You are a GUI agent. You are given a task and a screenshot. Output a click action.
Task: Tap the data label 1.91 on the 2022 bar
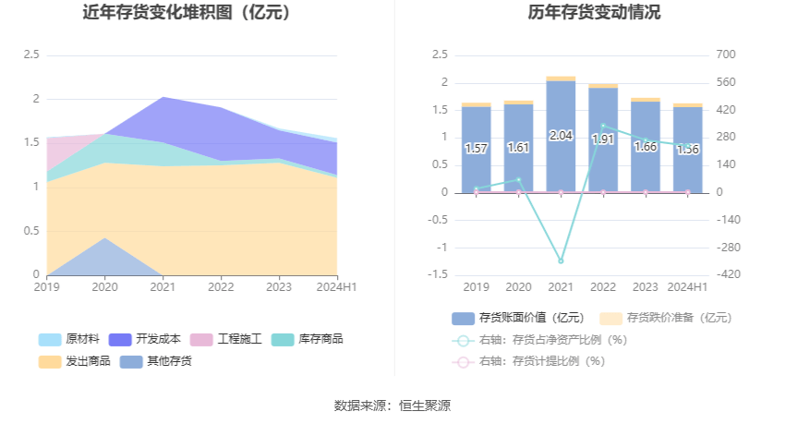(603, 139)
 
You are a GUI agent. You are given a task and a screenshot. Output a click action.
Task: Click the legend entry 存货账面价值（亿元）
(518, 318)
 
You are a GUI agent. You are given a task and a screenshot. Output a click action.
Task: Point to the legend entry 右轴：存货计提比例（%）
(540, 361)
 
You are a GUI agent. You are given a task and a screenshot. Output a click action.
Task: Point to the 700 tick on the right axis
(725, 55)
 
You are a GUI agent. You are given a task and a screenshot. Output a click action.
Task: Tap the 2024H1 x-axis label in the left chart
(337, 288)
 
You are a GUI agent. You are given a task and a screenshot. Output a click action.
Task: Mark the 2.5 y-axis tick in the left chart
(30, 55)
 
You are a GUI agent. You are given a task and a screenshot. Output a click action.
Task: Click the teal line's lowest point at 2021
(561, 261)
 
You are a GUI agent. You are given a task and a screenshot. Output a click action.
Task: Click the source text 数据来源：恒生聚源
(392, 406)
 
